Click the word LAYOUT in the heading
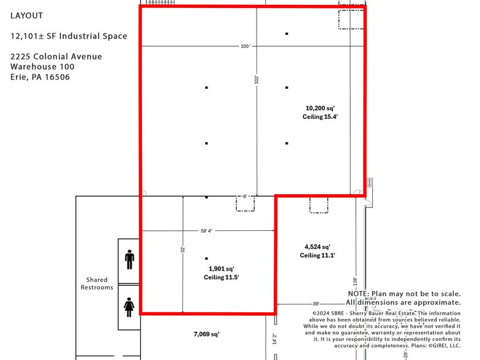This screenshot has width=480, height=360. (27, 15)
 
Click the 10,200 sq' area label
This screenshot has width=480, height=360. (320, 108)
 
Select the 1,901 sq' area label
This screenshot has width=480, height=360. (222, 268)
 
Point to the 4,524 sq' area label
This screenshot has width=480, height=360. (318, 247)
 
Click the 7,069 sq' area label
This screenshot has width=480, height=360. (206, 334)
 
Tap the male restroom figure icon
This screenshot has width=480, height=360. (129, 260)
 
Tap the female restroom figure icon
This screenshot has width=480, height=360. (129, 305)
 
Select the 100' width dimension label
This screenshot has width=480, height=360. (246, 47)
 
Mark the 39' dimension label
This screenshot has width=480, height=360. (316, 304)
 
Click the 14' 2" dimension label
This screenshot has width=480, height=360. (275, 338)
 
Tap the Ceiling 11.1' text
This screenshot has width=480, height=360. (318, 255)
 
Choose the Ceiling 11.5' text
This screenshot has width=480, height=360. (222, 277)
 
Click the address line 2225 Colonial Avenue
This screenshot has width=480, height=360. (56, 56)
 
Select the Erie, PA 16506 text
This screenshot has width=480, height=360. (40, 77)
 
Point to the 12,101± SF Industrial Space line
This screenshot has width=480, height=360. (69, 36)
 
